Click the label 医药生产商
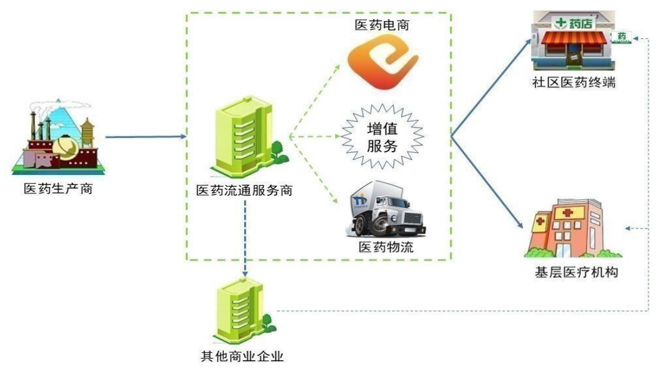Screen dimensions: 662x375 pos(58,188)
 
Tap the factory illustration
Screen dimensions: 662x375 pos(58,137)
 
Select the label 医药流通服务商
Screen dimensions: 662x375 pos(245,190)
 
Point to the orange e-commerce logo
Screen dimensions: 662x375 pos(383,62)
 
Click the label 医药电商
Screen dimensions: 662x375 pos(382,25)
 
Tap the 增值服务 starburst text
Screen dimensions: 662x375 pos(382,137)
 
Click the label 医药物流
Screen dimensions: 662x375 pos(386,246)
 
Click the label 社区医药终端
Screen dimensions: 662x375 pos(574,82)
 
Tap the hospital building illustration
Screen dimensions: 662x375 pos(572,228)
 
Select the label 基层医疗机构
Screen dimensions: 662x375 pos(576,273)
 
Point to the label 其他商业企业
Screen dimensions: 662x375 pos(242,357)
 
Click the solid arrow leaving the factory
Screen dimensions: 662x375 pos(146,136)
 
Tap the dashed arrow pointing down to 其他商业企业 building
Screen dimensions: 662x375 pos(245,239)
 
